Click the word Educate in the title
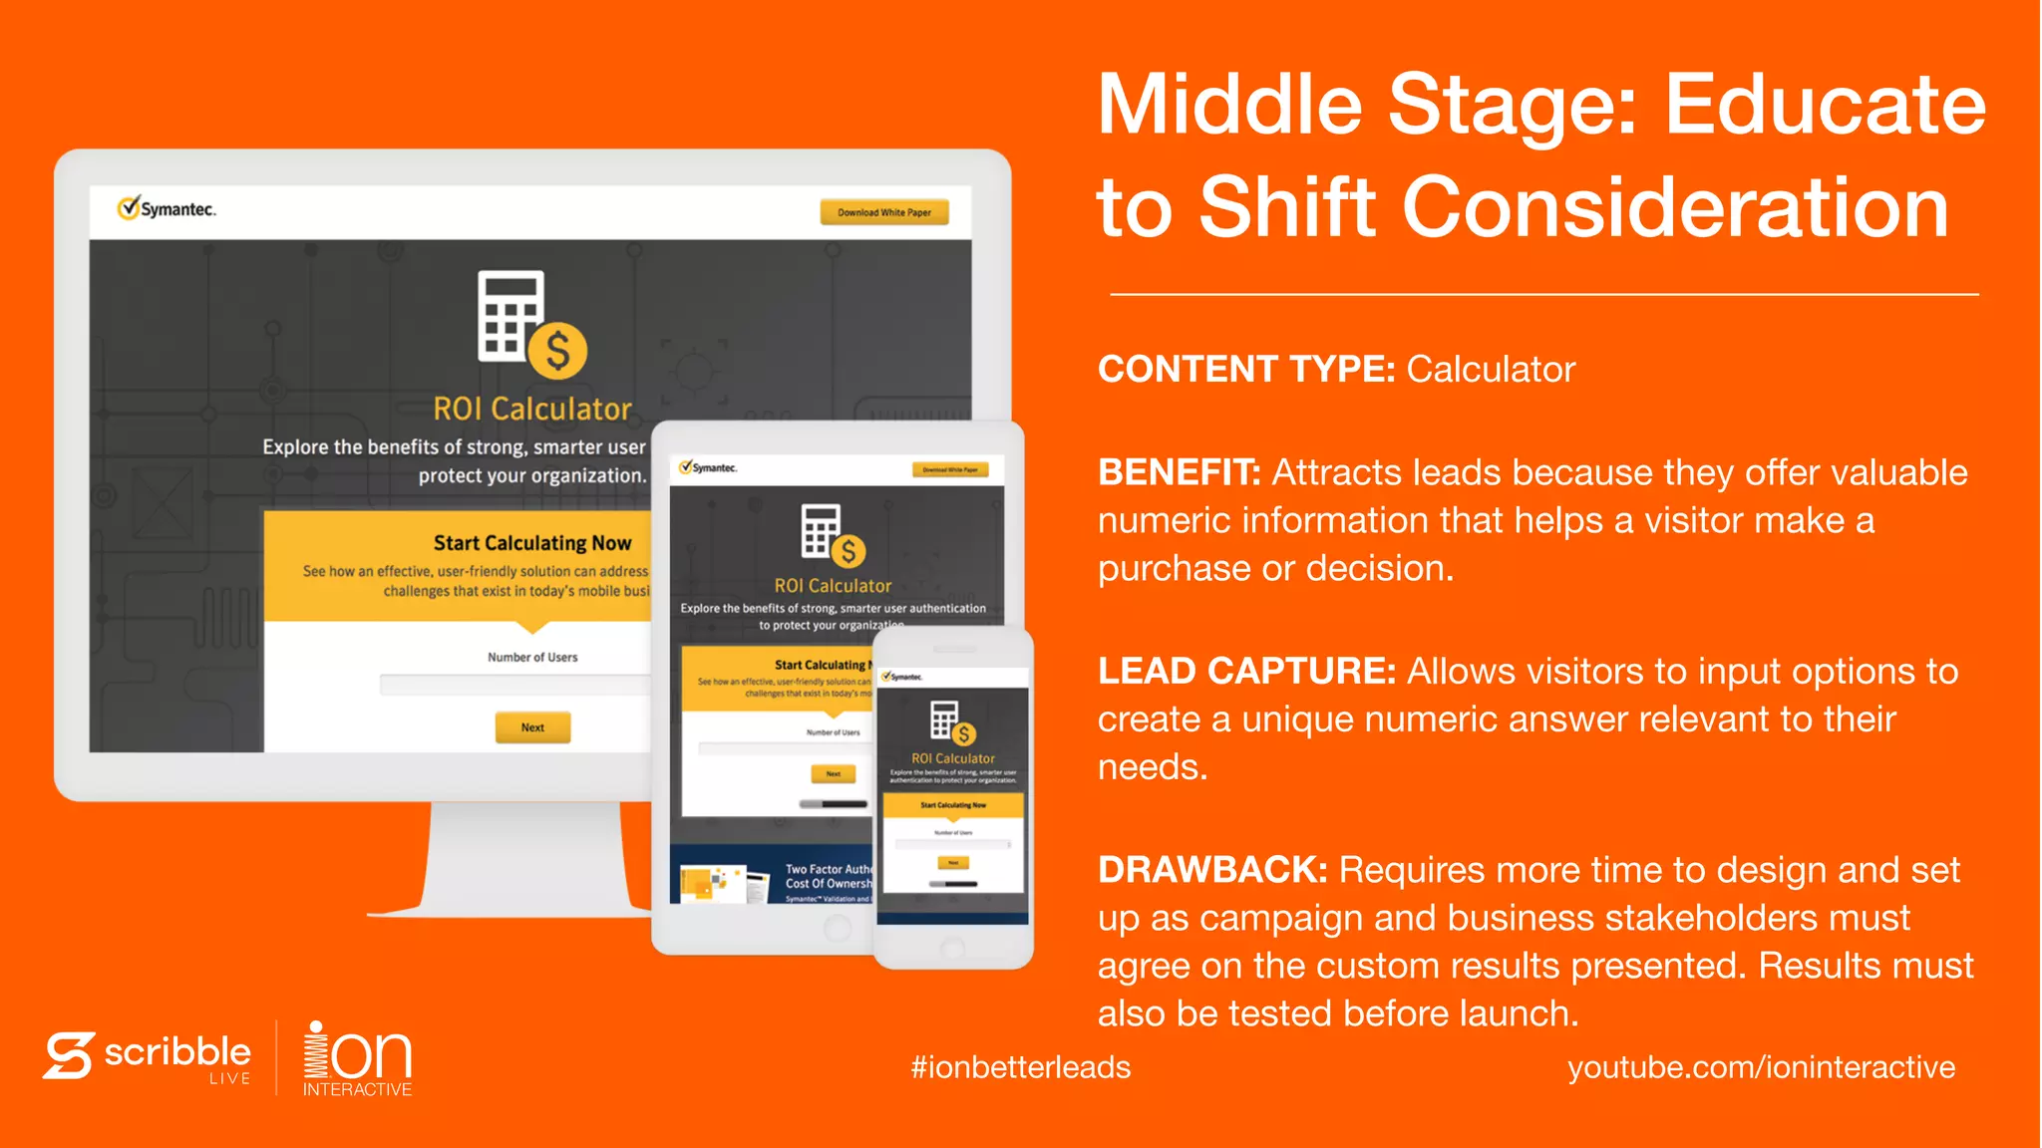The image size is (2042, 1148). tap(1825, 106)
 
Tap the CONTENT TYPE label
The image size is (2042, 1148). tap(1245, 370)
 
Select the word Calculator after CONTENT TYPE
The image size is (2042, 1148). tap(1491, 370)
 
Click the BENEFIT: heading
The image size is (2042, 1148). tap(1179, 472)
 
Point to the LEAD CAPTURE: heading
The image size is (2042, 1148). tap(1246, 672)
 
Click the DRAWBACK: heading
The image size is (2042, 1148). tap(1211, 870)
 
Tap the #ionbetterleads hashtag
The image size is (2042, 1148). tap(1020, 1067)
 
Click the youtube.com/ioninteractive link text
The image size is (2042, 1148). tap(1761, 1067)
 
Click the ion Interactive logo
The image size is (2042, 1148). tap(357, 1058)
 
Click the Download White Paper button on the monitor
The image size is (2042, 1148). tap(883, 212)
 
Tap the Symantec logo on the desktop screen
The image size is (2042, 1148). tap(167, 209)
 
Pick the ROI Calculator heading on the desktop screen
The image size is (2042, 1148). tap(531, 410)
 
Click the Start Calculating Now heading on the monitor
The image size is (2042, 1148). tap(531, 543)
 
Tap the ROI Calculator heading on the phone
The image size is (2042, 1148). tap(952, 758)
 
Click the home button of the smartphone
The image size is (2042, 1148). tap(952, 947)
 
